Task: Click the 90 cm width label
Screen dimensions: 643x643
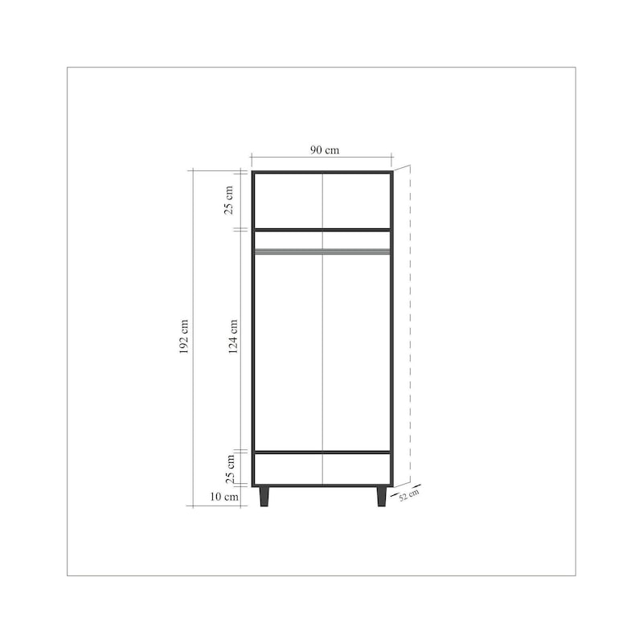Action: tap(325, 150)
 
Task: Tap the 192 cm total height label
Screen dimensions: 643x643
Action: tap(184, 337)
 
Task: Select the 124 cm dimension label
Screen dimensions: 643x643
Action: tap(233, 337)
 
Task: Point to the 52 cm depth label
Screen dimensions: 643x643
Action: tap(409, 495)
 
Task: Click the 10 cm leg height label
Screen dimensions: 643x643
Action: tap(224, 497)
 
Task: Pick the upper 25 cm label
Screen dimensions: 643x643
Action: tap(228, 200)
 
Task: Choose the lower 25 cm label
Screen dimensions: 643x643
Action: tap(231, 469)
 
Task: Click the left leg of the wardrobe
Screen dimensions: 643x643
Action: tap(264, 497)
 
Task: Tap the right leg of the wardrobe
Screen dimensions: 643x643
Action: tap(381, 497)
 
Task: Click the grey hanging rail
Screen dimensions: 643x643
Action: tap(322, 252)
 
